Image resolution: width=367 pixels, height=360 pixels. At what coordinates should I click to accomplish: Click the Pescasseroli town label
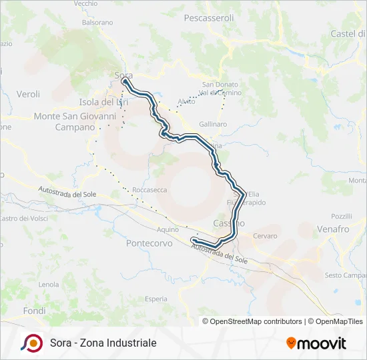208,18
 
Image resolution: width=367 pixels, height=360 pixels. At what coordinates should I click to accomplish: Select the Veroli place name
28,95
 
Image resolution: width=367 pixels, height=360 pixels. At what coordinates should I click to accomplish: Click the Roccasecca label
149,190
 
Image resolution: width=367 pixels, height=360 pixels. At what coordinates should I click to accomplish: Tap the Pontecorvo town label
149,243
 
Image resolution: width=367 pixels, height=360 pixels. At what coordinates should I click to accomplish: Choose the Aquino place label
167,229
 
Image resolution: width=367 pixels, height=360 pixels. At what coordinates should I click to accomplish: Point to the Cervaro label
264,236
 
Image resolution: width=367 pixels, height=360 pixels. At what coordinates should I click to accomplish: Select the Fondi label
34,311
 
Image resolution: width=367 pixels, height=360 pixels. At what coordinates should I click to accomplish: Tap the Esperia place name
155,299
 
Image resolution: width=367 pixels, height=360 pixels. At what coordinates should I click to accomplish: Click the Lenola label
49,285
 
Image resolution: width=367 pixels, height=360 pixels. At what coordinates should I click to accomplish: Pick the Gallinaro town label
213,124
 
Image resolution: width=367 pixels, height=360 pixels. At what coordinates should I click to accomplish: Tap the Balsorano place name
97,22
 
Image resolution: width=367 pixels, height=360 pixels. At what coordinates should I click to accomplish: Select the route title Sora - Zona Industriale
103,343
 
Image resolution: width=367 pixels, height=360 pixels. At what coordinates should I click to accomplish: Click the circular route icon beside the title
31,343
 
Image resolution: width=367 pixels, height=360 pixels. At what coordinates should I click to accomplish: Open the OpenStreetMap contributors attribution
254,321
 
